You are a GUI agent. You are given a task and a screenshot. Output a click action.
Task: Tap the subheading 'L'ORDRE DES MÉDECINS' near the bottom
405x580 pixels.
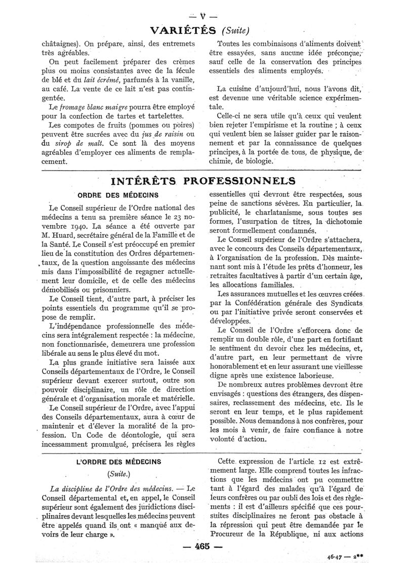coord(118,461)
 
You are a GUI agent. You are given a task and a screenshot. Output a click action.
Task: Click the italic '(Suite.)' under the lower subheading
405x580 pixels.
coord(117,475)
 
